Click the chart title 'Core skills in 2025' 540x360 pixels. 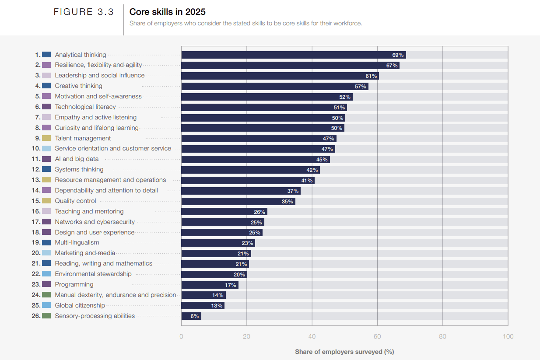pos(167,12)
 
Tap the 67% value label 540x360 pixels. pos(392,66)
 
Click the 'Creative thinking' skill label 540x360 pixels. pos(78,86)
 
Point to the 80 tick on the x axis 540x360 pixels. pos(442,336)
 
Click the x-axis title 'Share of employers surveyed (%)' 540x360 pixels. pos(344,352)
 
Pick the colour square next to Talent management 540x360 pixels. pos(46,138)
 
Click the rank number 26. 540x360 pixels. pos(36,316)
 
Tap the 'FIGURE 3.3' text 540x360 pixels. pos(84,12)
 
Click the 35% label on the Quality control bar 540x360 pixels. pos(287,202)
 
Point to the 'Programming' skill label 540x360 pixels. pos(74,284)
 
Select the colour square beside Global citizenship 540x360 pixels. pos(46,305)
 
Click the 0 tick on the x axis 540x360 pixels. pos(181,336)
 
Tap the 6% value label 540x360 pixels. pos(195,316)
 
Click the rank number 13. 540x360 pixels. pos(36,180)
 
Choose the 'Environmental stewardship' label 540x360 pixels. pos(93,274)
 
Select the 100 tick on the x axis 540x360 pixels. pos(508,336)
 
